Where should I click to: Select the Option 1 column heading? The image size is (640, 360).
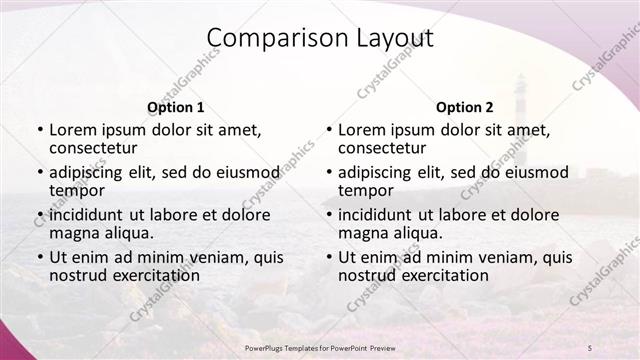[176, 107]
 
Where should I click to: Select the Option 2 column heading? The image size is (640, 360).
[465, 107]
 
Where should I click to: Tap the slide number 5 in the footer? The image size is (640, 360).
[589, 346]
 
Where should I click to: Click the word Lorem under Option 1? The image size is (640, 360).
[72, 129]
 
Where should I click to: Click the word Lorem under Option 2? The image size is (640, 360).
[361, 129]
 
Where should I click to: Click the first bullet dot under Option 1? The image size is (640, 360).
[39, 130]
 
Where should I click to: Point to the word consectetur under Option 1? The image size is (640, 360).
[95, 148]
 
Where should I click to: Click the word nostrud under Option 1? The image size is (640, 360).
[77, 275]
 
